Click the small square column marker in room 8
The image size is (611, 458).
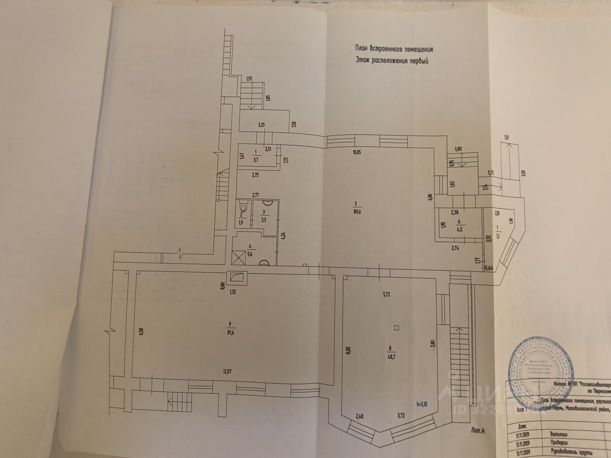click(396, 328)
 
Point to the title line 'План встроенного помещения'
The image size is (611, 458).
click(394, 49)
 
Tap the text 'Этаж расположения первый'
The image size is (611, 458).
click(392, 61)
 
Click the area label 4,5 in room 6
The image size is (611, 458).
click(459, 230)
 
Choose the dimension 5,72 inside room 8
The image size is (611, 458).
click(386, 295)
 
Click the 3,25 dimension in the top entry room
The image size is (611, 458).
click(261, 125)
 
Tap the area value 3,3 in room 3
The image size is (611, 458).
click(263, 218)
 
